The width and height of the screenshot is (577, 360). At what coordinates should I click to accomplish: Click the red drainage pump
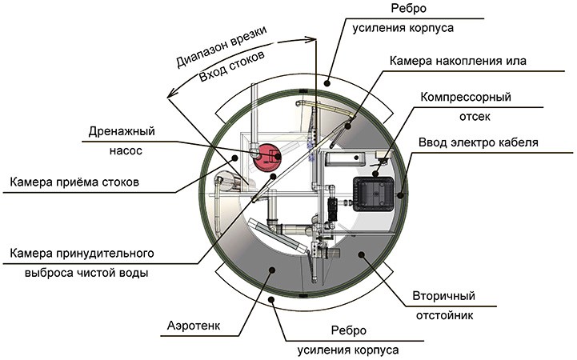[266, 155]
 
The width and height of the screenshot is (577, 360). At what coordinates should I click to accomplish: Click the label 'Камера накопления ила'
[459, 60]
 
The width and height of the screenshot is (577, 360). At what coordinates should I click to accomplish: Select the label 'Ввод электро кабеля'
[478, 143]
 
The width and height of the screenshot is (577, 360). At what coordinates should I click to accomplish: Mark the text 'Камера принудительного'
[82, 254]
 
